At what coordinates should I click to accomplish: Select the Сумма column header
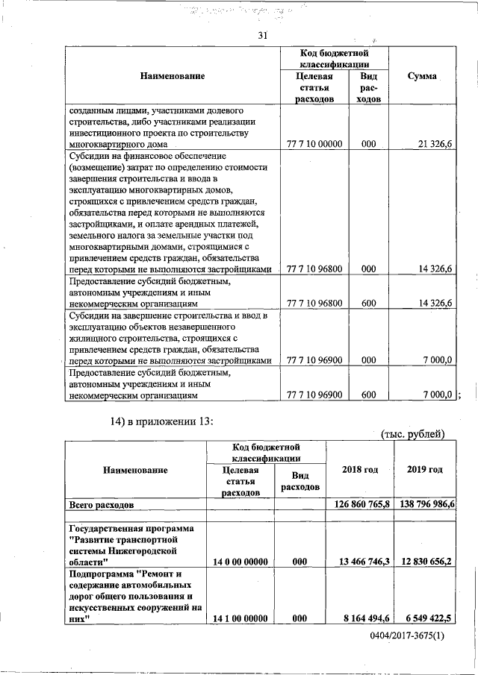coord(422,77)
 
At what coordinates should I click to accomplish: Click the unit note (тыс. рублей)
coord(412,434)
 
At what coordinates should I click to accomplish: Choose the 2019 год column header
coord(424,469)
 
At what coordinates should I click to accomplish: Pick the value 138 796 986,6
coord(424,505)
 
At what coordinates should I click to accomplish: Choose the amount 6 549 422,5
coord(429,618)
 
